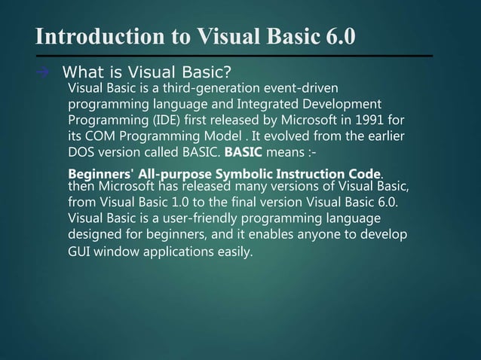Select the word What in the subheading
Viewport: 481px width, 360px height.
pyautogui.click(x=82, y=74)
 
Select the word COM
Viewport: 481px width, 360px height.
pyautogui.click(x=102, y=135)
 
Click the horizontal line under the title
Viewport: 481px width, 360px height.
pyautogui.click(x=234, y=56)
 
